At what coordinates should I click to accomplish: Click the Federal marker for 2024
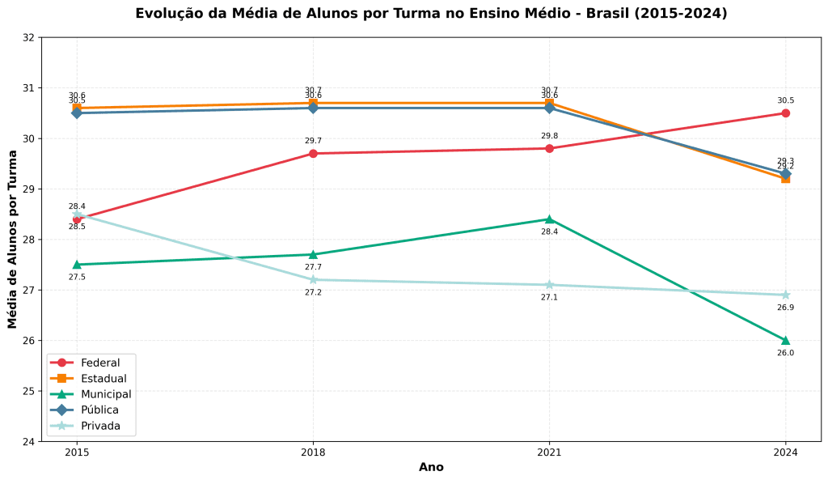coord(785,113)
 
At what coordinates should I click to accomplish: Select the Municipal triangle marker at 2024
coord(785,340)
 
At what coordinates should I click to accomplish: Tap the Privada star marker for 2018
coord(313,279)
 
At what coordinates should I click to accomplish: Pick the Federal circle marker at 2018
coord(313,154)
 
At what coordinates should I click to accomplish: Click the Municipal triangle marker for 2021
coord(549,219)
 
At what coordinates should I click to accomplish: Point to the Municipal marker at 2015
coord(77,265)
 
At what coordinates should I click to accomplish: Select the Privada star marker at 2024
coord(785,295)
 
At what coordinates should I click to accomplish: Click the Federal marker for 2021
coord(549,148)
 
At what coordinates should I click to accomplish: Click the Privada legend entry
coord(99,426)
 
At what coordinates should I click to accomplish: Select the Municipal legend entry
coord(106,394)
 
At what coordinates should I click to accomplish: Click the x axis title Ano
coord(431,468)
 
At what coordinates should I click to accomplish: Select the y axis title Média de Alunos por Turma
coord(12,239)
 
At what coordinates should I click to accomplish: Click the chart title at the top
coord(431,13)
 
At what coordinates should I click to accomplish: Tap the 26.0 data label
coord(785,353)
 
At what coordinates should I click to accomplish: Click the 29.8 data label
coord(549,136)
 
